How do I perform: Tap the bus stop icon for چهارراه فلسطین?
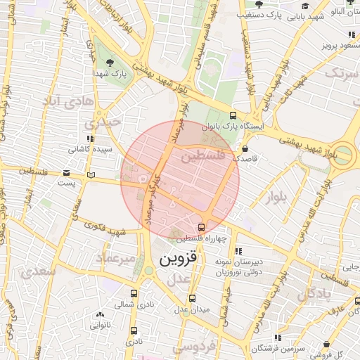[202, 227]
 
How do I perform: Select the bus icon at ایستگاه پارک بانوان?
[233, 117]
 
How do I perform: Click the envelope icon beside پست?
[67, 172]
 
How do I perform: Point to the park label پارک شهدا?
[112, 72]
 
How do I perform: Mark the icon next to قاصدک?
[244, 149]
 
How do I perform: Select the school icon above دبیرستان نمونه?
[238, 250]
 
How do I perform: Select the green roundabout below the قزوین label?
[148, 270]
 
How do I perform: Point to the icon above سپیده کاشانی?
[89, 139]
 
